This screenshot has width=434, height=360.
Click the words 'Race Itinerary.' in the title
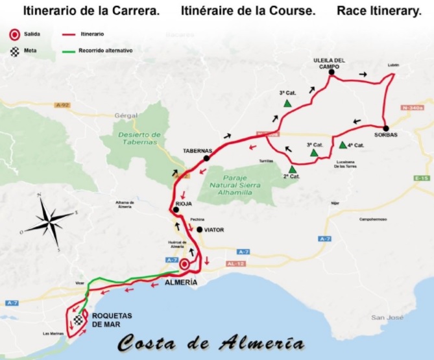coord(379,11)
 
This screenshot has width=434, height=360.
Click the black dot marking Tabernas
coord(206,158)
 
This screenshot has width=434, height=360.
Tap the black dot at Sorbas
coord(385,128)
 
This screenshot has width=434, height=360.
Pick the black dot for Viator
coord(200,229)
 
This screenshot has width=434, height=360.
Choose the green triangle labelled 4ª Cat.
coord(343,145)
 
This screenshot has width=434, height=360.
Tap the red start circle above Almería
coord(184,264)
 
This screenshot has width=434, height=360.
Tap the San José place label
coord(383,317)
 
